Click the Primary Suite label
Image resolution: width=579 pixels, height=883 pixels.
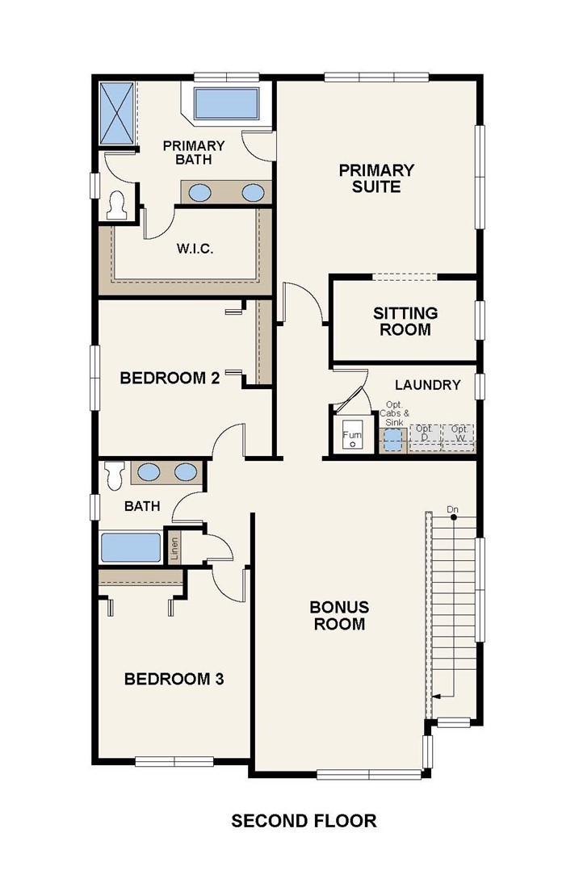(x=376, y=178)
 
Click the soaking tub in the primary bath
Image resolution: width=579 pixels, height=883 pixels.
(x=226, y=103)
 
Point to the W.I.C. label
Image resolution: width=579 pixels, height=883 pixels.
(x=195, y=249)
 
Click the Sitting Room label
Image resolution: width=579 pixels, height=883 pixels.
(x=405, y=321)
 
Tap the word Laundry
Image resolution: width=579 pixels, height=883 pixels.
(x=427, y=385)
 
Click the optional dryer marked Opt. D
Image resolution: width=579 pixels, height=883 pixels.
(x=425, y=436)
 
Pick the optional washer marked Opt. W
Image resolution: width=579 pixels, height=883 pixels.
(x=458, y=436)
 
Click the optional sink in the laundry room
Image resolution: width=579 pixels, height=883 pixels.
(x=392, y=437)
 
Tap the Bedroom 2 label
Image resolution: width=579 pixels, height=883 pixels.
(x=170, y=378)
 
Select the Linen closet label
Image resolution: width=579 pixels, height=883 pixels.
(x=174, y=548)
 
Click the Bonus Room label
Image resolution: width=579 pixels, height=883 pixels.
(x=339, y=616)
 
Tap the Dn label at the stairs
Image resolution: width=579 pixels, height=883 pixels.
(x=453, y=509)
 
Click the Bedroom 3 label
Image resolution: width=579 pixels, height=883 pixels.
(x=174, y=679)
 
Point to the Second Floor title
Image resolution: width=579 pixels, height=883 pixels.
(x=304, y=821)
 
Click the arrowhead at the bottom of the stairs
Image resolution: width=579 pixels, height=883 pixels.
(x=436, y=697)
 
